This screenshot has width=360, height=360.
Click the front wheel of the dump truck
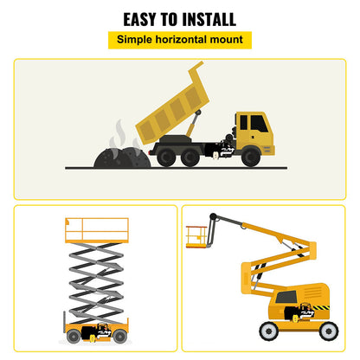(250, 156)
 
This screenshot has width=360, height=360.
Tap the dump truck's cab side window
(259, 124)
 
